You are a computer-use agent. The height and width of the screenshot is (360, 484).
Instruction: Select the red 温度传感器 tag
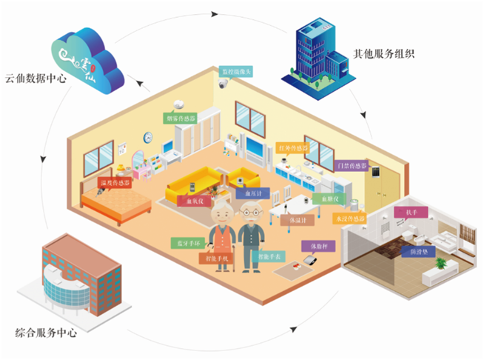pos(115,181)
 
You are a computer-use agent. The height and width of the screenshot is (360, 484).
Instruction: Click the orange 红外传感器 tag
pos(292,149)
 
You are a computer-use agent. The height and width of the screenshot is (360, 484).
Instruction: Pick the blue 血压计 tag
pos(246,194)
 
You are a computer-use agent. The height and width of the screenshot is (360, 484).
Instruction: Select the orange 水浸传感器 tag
pos(349,219)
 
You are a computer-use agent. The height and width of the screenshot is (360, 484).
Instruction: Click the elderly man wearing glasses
pos(252,237)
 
